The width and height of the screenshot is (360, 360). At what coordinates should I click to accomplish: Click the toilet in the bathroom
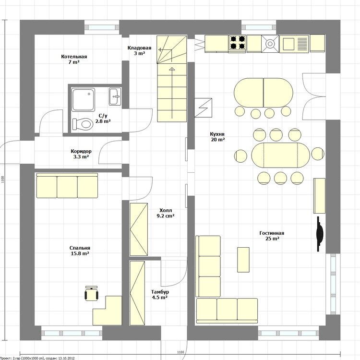[x=82, y=124]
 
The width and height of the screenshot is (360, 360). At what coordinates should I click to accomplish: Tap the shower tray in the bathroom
[x=83, y=100]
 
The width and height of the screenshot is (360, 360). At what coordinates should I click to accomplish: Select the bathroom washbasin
[x=115, y=96]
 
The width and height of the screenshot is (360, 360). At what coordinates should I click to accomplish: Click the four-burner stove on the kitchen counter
[x=238, y=43]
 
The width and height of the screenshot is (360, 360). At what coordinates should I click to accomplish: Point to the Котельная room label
[x=74, y=57]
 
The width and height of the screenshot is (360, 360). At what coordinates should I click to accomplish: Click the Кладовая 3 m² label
[x=139, y=50]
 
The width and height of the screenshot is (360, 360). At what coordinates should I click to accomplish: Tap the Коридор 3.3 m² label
[x=81, y=154]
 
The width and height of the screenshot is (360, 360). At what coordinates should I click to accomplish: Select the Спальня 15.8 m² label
[x=80, y=251]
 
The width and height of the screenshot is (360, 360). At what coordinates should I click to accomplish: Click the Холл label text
[x=166, y=210]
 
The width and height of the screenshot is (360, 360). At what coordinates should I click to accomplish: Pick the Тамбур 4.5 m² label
[x=160, y=295]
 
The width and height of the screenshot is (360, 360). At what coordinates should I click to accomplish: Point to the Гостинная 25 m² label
[x=272, y=236]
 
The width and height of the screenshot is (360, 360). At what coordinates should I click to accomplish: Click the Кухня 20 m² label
[x=217, y=137]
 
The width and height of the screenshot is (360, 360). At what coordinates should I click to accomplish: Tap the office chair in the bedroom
[x=92, y=293]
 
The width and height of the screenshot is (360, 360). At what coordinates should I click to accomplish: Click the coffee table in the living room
[x=243, y=260]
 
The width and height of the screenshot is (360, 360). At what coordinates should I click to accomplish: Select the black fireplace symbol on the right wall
[x=320, y=234]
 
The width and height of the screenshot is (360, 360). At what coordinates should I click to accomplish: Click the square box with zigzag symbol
[x=203, y=108]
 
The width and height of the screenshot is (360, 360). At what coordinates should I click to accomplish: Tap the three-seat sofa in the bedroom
[x=67, y=185]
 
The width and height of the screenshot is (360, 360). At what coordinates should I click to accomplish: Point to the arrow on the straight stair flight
[x=172, y=93]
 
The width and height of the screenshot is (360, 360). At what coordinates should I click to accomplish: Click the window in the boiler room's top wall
[x=102, y=27]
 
